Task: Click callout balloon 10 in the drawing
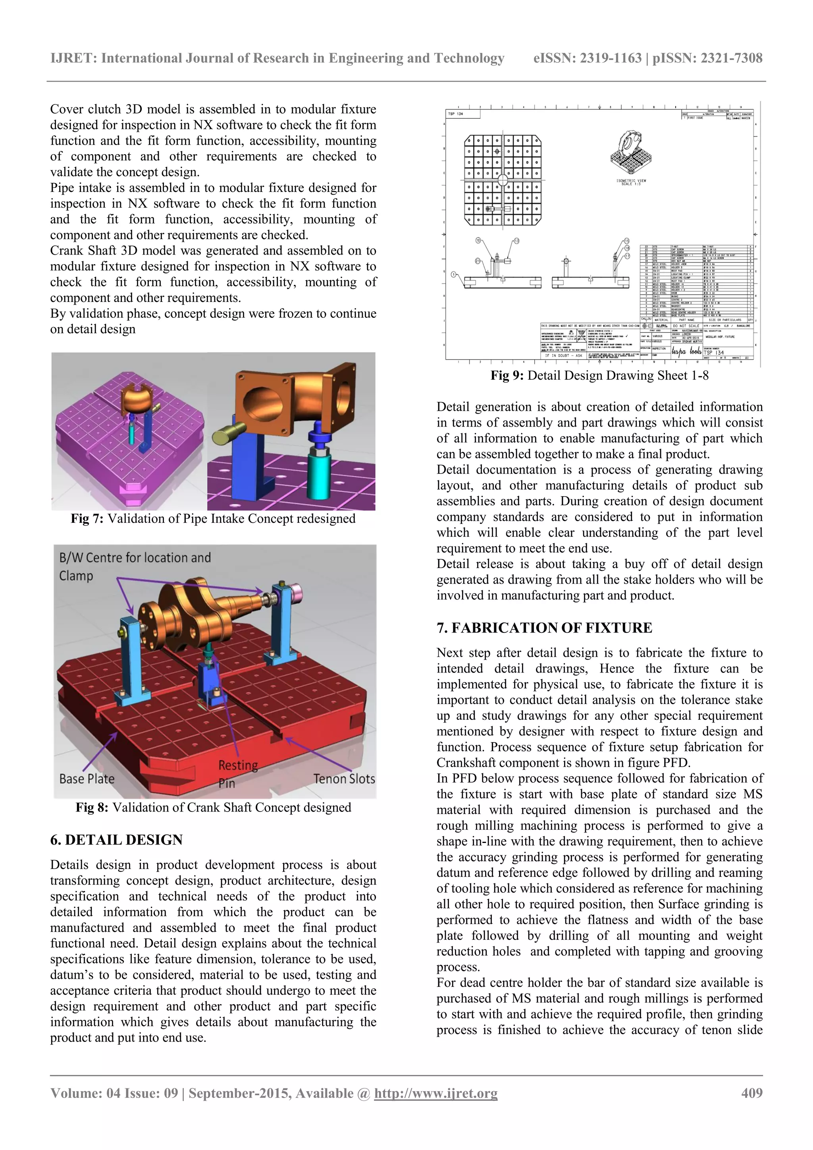478,240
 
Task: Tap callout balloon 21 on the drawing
477,261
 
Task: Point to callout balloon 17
627,256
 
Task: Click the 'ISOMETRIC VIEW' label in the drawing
631,180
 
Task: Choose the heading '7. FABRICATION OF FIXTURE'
544,628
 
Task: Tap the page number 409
751,1093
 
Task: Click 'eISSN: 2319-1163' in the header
587,58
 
